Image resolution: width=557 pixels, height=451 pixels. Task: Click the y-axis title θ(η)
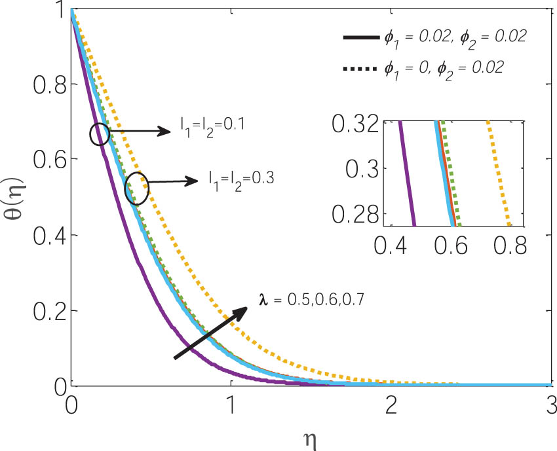(14, 199)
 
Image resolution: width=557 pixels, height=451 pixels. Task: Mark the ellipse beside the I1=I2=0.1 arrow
(100, 134)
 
